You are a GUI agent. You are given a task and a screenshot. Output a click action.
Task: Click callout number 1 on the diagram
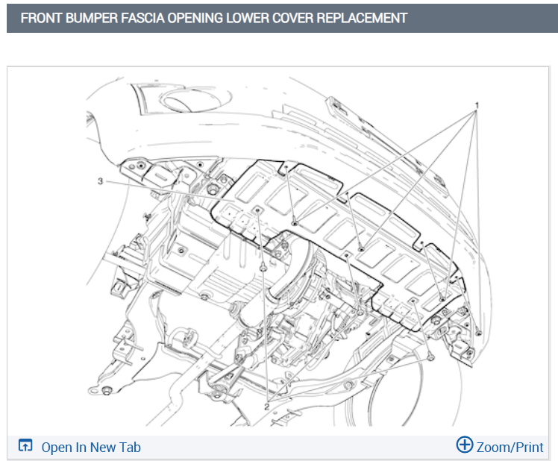click(x=477, y=105)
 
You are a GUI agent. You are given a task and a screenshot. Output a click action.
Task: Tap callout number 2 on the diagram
click(x=266, y=407)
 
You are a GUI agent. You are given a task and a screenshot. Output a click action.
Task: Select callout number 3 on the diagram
click(x=101, y=181)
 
